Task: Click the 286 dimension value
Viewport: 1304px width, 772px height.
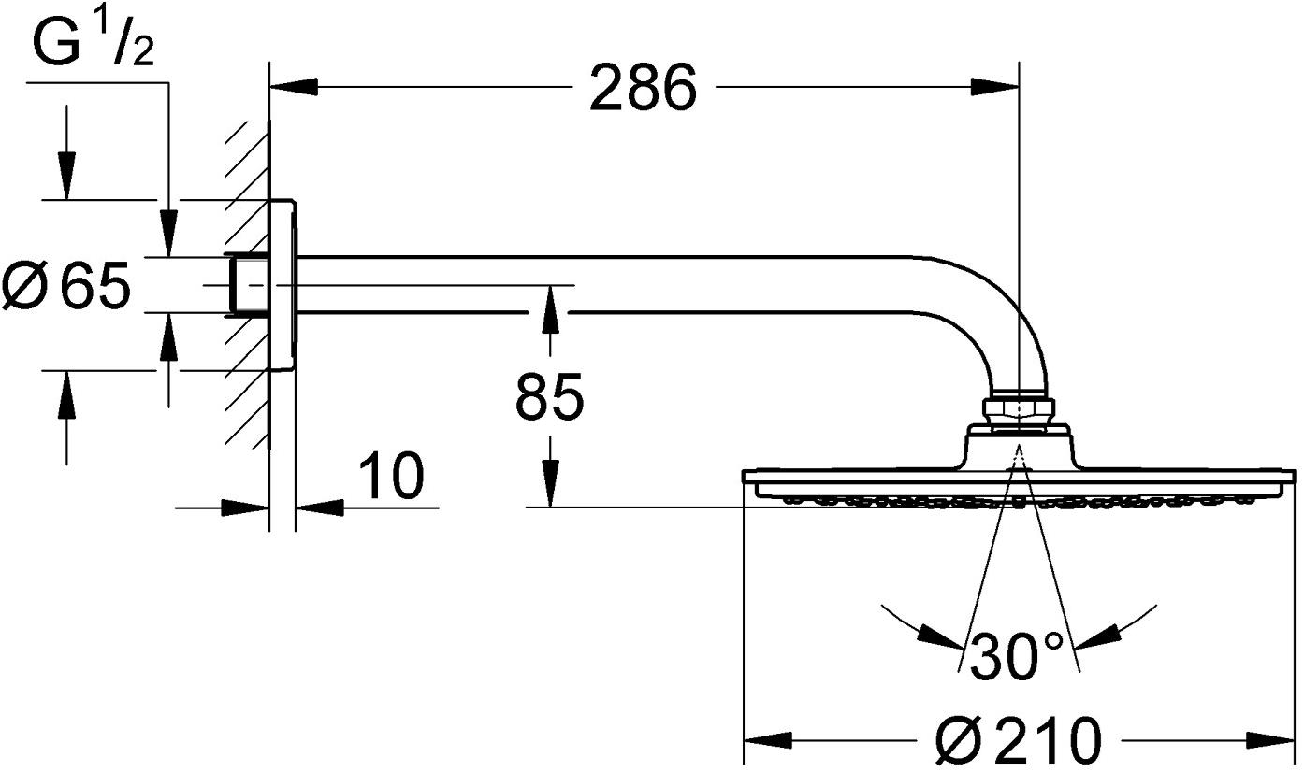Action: pos(644,89)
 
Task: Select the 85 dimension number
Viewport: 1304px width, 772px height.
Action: pos(549,397)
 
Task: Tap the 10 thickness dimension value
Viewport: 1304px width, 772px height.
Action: pos(391,476)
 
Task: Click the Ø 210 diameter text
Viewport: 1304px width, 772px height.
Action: pos(1019,741)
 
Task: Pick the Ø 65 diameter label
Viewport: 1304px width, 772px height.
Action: pos(65,286)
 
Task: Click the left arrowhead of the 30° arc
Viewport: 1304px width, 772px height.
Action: pos(939,637)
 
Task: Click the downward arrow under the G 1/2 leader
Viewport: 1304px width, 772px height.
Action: pos(168,234)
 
